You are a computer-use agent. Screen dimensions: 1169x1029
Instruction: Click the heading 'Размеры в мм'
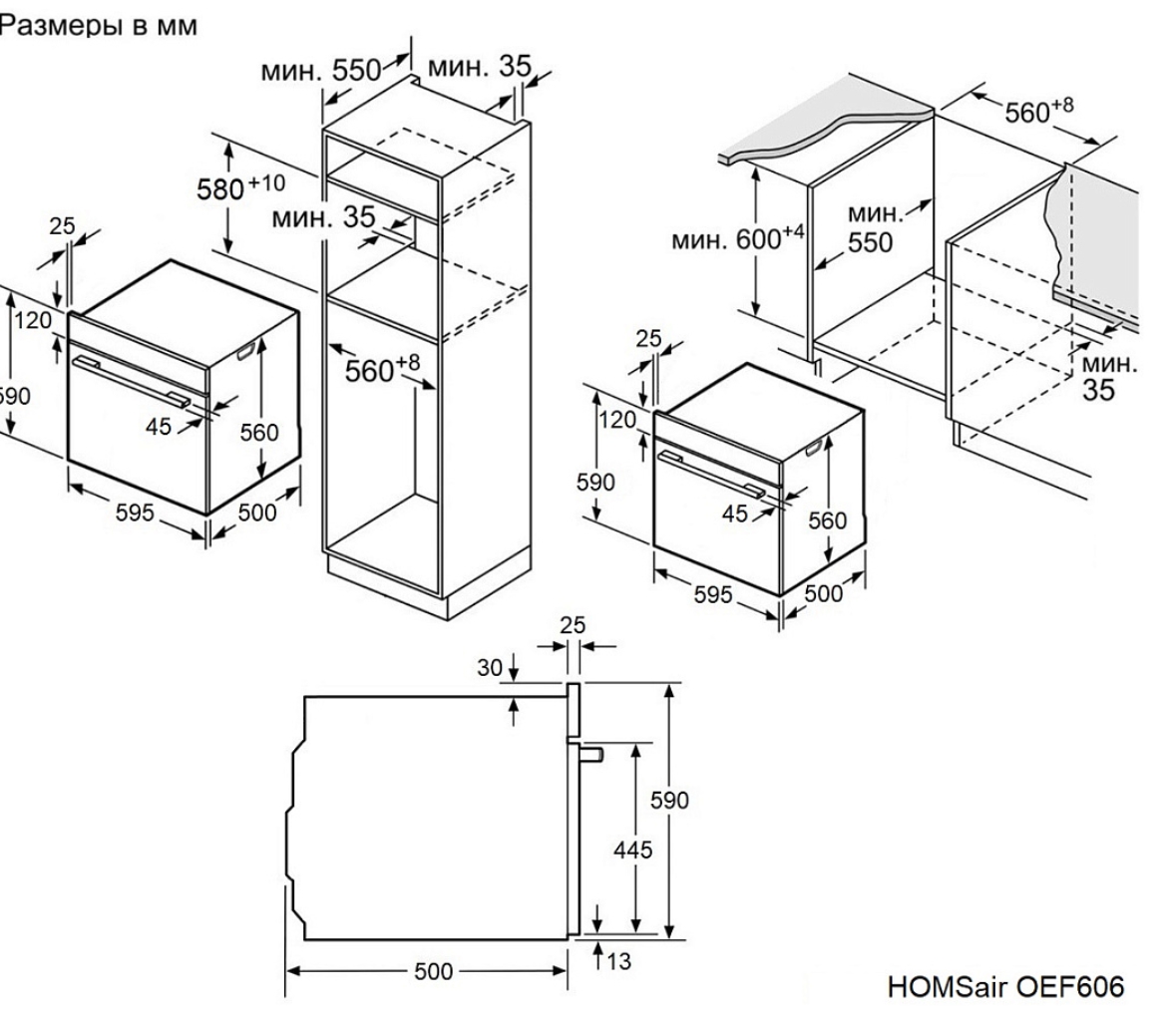(99, 25)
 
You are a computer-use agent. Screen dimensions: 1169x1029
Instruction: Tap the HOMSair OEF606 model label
(1005, 986)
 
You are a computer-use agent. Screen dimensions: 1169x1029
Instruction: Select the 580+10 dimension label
(240, 187)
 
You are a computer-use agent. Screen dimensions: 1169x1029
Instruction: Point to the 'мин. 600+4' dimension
(738, 238)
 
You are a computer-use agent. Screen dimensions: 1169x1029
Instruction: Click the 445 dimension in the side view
(632, 850)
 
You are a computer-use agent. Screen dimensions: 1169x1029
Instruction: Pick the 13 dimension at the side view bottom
(618, 961)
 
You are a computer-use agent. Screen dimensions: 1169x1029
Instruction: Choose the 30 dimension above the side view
(489, 668)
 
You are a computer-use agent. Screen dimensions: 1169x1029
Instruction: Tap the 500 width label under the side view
(433, 971)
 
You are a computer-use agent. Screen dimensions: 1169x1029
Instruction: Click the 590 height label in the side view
(669, 801)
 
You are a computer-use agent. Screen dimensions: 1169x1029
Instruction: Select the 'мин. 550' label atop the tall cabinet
(321, 71)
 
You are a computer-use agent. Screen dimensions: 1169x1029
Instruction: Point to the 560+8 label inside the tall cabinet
(382, 368)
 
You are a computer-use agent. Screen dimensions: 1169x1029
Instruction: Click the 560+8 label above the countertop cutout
(1039, 111)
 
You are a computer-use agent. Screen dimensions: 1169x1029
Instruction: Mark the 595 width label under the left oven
(135, 513)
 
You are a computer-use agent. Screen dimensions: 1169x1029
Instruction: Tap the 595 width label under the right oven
(713, 594)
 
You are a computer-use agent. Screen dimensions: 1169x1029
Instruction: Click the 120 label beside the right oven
(617, 420)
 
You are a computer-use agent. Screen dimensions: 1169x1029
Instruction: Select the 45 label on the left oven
(158, 426)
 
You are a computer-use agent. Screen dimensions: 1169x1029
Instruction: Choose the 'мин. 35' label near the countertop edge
(1108, 377)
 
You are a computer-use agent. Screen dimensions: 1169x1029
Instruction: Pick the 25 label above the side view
(573, 624)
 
